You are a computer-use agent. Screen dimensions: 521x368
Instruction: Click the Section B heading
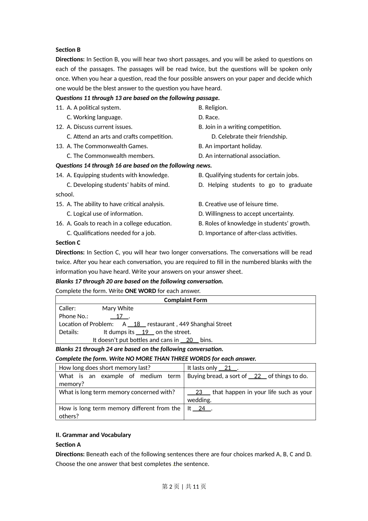(68, 50)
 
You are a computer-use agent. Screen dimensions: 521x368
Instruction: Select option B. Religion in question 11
(213, 108)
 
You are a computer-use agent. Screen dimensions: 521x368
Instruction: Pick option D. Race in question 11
(209, 117)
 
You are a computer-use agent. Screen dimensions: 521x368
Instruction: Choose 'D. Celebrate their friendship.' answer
(249, 136)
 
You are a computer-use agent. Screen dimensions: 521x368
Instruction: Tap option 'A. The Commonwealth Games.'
(107, 146)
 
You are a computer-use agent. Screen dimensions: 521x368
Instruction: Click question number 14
(59, 175)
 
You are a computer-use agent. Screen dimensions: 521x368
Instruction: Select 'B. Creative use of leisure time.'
(238, 204)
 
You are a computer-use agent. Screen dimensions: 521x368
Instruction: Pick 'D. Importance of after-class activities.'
(248, 233)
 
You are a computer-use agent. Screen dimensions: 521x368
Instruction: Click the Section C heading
(68, 243)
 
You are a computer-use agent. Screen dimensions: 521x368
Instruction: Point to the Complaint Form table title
(185, 300)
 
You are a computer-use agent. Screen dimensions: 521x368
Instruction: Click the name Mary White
(118, 309)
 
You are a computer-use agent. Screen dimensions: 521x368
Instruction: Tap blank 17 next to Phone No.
(119, 316)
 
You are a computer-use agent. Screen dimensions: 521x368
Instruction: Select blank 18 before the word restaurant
(137, 324)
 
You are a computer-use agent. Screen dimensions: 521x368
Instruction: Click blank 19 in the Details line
(145, 332)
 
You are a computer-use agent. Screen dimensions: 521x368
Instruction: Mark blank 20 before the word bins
(189, 340)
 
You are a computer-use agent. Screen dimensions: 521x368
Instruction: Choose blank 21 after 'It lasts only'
(228, 368)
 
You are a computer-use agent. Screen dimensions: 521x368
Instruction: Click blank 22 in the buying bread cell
(258, 376)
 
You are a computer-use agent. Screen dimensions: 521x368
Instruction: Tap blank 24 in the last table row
(202, 408)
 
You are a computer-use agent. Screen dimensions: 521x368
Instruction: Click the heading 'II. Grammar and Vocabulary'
(93, 435)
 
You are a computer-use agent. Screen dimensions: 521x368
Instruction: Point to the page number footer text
(184, 486)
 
